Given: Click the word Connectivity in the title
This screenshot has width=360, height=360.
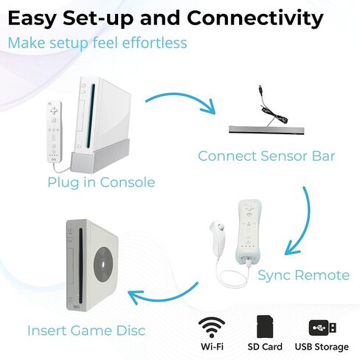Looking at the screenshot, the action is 255,18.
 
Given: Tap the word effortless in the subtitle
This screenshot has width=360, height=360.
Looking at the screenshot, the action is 154,43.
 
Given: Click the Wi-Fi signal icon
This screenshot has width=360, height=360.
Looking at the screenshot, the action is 212,327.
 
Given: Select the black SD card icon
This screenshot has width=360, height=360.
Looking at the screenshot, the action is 265,327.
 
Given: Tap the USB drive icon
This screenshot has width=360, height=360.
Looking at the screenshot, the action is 322,328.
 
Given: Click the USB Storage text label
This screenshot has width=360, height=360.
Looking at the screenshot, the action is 322,347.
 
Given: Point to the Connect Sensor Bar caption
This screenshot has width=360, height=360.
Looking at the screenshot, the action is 266,156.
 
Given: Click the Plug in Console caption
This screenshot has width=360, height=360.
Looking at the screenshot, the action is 101,182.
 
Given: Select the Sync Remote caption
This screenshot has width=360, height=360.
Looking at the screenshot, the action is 304,275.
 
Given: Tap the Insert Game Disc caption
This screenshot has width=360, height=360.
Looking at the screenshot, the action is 86,330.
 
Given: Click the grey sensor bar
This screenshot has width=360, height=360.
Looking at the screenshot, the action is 266,130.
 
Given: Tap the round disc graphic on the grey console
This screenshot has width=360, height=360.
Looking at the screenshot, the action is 103,264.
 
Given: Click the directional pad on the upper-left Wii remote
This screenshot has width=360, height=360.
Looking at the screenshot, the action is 54,111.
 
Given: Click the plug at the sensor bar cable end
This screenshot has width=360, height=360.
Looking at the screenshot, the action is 260,89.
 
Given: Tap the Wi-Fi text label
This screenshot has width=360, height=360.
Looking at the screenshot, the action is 212,347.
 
